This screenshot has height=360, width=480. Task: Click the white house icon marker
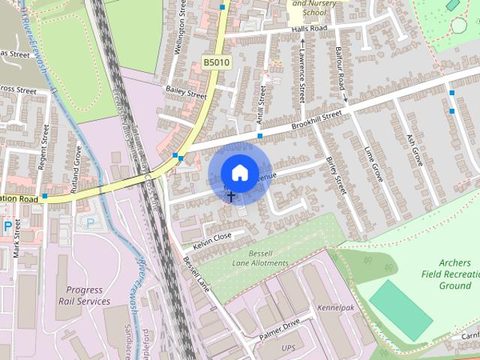(238, 172)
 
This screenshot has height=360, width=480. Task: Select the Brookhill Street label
(316, 120)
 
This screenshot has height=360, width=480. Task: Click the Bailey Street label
(185, 92)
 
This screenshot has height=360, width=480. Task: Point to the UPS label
(289, 348)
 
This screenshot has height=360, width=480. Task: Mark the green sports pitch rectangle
(400, 307)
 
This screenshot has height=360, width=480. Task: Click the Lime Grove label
(372, 163)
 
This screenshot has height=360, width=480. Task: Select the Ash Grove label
(413, 150)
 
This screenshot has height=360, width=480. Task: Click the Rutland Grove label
(76, 171)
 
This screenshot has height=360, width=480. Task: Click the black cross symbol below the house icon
(230, 196)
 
